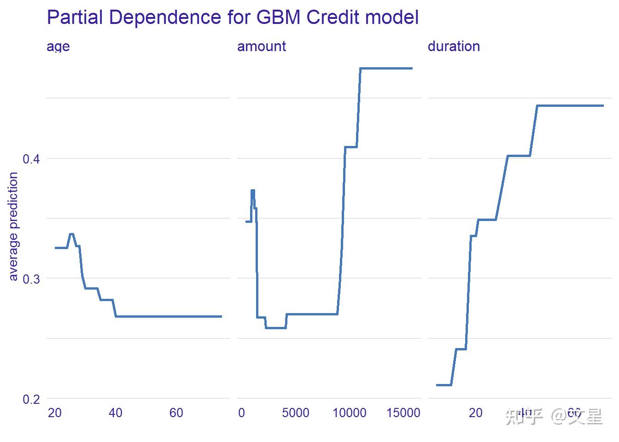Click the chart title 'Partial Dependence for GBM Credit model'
(x=233, y=17)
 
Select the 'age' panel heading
(x=58, y=47)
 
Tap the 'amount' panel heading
(x=261, y=46)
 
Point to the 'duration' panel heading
(x=454, y=46)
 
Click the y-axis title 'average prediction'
(x=13, y=226)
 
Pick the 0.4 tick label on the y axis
(x=31, y=159)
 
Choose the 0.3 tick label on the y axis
(x=31, y=279)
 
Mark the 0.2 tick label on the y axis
(x=31, y=399)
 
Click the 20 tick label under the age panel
(x=54, y=413)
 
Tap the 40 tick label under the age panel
(x=115, y=413)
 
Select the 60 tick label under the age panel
(x=176, y=413)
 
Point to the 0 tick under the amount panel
(x=241, y=413)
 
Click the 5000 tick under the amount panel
(x=295, y=413)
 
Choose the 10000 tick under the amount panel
(x=349, y=413)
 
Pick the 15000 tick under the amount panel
(x=403, y=413)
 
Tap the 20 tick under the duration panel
(x=475, y=413)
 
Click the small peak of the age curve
(x=71, y=234)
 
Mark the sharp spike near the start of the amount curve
(x=253, y=191)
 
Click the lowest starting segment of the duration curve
(x=444, y=384)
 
